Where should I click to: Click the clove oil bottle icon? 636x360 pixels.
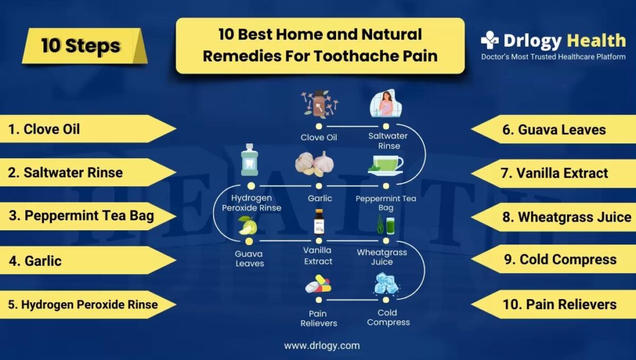[x=319, y=104]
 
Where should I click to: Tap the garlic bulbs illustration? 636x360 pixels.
[x=315, y=164]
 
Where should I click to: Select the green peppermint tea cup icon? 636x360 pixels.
[x=385, y=165]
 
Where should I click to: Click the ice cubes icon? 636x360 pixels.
[x=386, y=284]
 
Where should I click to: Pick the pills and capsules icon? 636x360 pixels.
[x=319, y=284]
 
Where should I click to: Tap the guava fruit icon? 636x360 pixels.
[x=248, y=226]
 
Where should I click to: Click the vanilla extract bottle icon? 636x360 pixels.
[x=319, y=222]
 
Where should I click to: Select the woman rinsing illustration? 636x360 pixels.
[x=385, y=104]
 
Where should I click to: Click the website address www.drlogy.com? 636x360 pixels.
[x=322, y=346]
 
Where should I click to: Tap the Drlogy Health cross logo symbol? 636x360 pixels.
[x=489, y=40]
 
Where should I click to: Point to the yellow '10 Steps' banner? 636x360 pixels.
[x=84, y=46]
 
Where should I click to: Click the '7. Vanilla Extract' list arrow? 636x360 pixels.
[x=553, y=173]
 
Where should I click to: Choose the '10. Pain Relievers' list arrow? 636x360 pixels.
[x=553, y=304]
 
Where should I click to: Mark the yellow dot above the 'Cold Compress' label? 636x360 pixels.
[x=386, y=300]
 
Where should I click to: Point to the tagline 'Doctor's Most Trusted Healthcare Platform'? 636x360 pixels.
[x=553, y=56]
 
